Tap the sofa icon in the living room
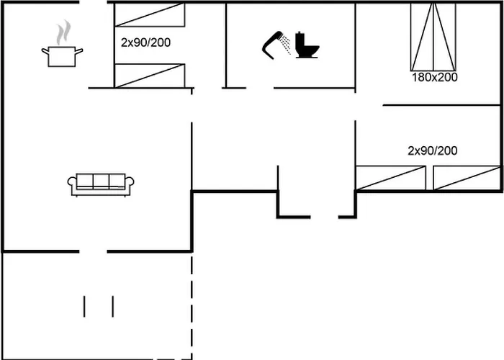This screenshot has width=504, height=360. (102, 184)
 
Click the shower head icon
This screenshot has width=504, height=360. (272, 43)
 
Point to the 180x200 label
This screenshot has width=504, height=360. (434, 77)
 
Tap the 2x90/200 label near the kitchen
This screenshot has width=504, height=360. (145, 42)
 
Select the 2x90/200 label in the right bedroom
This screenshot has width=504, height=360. (432, 150)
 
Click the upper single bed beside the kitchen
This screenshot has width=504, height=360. (150, 14)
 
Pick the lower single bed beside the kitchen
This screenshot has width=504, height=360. (150, 76)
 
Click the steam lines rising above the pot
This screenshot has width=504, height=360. (64, 32)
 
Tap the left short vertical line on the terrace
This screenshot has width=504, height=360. (84, 306)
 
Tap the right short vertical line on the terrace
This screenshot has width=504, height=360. (113, 306)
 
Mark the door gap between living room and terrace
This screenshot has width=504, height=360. (93, 251)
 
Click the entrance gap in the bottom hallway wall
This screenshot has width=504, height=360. (325, 216)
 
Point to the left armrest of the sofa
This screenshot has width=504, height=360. (72, 185)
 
